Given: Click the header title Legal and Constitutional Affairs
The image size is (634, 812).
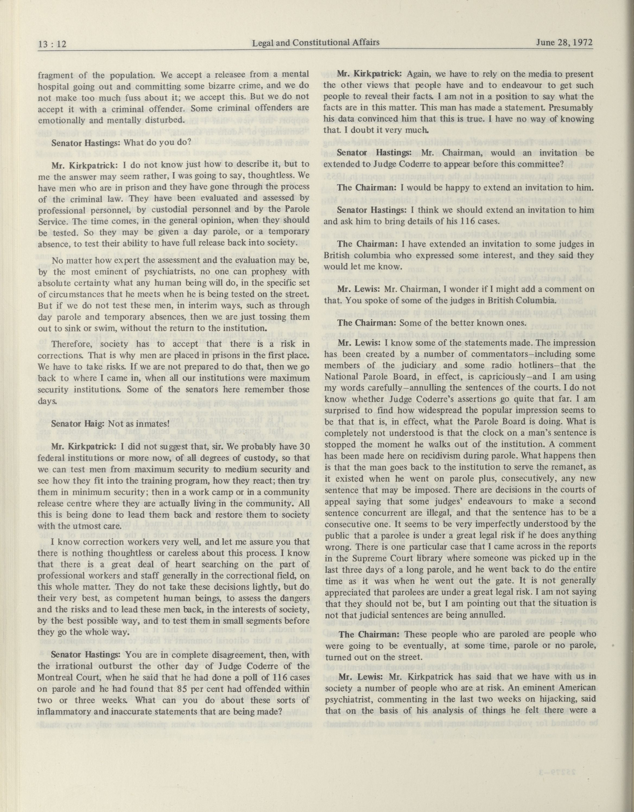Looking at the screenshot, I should [316, 42].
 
